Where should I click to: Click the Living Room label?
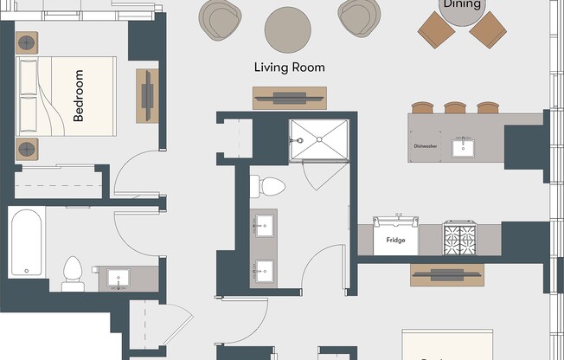[289, 67]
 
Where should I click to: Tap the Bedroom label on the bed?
[79, 95]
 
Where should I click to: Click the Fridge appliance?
[395, 238]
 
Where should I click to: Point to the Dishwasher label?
[425, 146]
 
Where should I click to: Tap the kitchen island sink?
[464, 146]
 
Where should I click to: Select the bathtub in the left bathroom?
[26, 242]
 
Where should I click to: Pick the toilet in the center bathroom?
[270, 186]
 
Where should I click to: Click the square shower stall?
[318, 140]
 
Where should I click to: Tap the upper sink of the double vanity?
[264, 228]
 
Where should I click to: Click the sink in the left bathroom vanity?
[119, 278]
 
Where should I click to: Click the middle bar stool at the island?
[455, 108]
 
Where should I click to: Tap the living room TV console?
[289, 99]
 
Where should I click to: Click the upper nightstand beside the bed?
[27, 42]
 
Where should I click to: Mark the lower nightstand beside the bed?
[27, 148]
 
